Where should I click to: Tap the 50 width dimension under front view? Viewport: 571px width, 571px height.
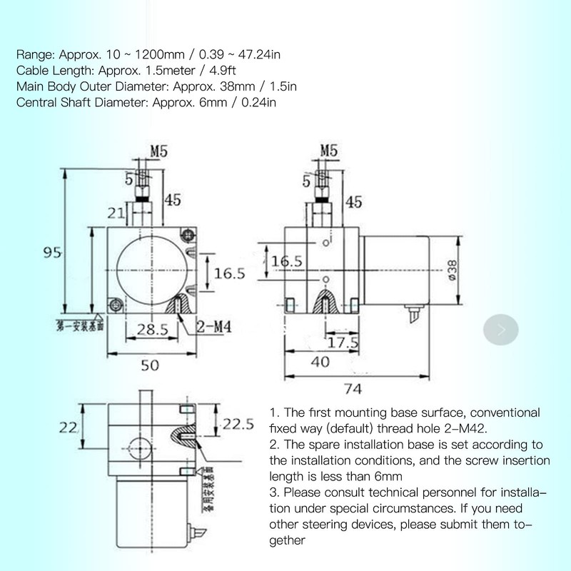[x=149, y=365]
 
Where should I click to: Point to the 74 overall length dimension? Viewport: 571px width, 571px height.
[x=353, y=388]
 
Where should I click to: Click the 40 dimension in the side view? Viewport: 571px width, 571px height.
[x=320, y=362]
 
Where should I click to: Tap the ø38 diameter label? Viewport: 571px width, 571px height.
[x=452, y=270]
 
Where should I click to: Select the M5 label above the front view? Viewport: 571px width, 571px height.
[x=158, y=151]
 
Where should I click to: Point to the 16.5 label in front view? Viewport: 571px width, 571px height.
[x=231, y=273]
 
